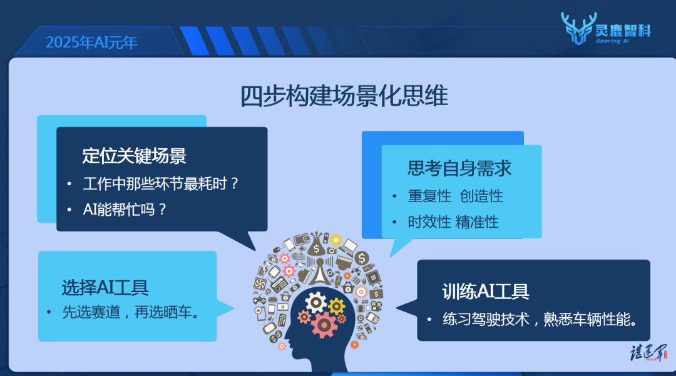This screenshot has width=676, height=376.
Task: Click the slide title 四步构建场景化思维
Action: click(x=344, y=96)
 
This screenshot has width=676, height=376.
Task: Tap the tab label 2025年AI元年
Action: click(x=91, y=42)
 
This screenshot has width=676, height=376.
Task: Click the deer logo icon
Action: click(x=578, y=28)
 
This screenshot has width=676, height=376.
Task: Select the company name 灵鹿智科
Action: click(x=623, y=31)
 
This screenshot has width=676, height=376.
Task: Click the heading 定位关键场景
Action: click(x=134, y=156)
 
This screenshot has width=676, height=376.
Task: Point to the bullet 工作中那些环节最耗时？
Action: click(x=160, y=184)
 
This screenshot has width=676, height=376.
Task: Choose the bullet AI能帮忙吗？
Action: click(x=124, y=210)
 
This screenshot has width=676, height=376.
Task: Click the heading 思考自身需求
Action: click(x=459, y=168)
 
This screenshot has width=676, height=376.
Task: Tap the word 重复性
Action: click(x=429, y=196)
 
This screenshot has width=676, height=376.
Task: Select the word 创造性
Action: click(x=481, y=196)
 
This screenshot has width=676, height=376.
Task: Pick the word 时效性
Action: click(x=429, y=222)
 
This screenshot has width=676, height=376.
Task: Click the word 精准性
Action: click(x=477, y=222)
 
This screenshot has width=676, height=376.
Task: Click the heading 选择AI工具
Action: click(x=105, y=287)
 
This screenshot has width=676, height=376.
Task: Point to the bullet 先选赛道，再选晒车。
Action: click(x=131, y=312)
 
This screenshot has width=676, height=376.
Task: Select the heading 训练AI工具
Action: click(x=486, y=292)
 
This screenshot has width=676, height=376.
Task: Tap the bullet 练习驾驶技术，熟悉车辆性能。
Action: click(x=541, y=319)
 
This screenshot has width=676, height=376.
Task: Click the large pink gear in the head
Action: click(x=324, y=325)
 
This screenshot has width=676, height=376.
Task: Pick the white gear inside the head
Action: click(x=316, y=302)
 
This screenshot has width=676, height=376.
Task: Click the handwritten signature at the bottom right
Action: click(x=648, y=352)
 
